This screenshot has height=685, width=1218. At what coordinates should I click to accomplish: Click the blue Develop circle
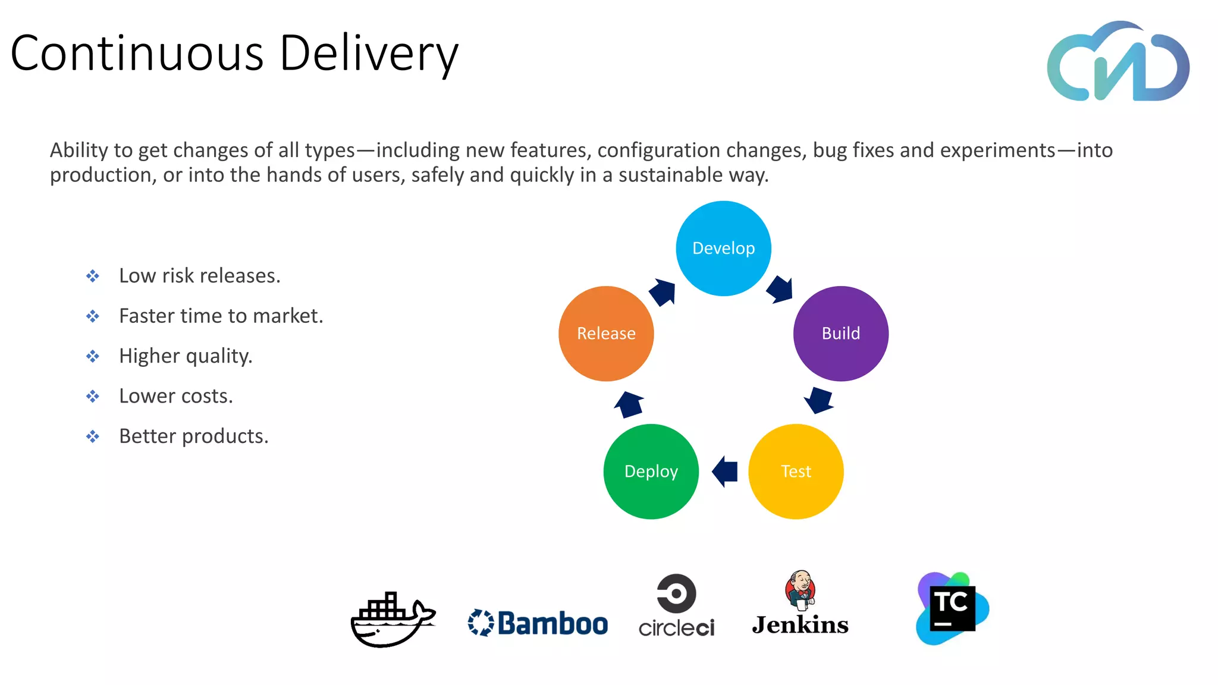[723, 249]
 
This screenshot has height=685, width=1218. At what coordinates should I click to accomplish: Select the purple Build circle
[840, 334]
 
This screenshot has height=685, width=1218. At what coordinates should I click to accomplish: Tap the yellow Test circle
[796, 472]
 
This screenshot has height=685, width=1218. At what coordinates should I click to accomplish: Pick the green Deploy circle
[651, 472]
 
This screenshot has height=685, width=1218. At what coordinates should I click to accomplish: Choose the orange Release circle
[606, 334]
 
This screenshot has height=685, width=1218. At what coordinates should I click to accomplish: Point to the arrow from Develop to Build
[780, 290]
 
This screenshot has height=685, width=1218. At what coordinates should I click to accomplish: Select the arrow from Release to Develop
[663, 292]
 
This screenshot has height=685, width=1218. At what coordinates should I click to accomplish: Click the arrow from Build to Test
[819, 400]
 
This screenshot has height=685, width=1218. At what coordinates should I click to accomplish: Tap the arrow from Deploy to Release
[629, 405]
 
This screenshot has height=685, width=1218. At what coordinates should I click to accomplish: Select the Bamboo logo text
[552, 623]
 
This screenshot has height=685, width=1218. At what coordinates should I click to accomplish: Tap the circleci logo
[676, 605]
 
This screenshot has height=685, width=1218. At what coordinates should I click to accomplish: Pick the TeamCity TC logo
[952, 608]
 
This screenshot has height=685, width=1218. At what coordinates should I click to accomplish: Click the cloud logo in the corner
[1117, 63]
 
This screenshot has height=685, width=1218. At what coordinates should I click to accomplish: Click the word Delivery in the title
[369, 54]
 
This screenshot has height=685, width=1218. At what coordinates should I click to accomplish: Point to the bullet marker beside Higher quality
[93, 356]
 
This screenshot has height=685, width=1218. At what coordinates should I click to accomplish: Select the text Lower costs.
[176, 396]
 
